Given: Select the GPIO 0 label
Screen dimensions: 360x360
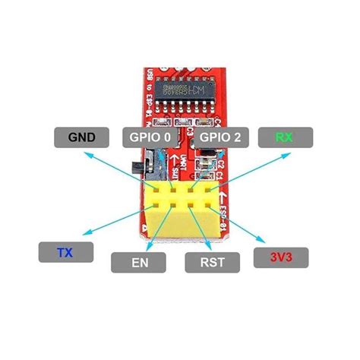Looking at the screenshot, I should (150, 137).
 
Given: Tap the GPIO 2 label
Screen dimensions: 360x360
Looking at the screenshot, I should (220, 137).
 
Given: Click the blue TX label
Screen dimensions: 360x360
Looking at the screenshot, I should (65, 251).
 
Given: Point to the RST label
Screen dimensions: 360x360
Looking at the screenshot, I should (212, 263).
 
